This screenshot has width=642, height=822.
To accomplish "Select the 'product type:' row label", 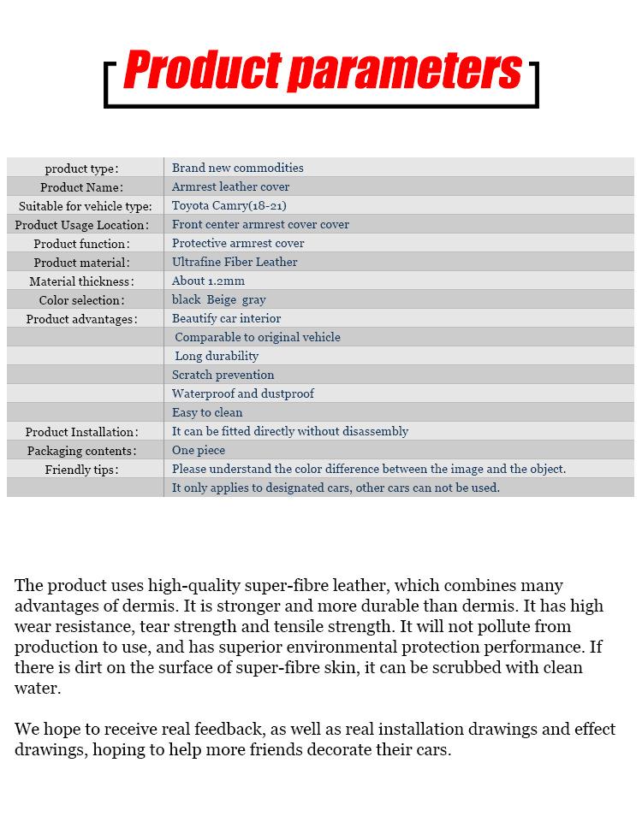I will pos(81,168).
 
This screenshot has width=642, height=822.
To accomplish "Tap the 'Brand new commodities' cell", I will pos(237,168).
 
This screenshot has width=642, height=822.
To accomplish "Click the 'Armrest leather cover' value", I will pos(230,186).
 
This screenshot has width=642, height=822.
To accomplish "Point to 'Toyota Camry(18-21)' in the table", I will pos(229,205).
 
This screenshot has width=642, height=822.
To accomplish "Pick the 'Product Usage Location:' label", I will pos(81,224).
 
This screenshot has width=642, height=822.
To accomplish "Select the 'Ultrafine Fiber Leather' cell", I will pos(235,262).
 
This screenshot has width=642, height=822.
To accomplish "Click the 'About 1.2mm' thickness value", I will pos(208,281).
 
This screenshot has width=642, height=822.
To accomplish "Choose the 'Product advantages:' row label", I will pos(81,318).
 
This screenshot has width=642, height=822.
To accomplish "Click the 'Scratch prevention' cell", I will pos(223,375).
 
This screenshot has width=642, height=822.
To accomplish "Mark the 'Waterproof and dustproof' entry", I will pos(242,393).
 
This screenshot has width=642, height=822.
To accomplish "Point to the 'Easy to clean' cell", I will pos(207,412).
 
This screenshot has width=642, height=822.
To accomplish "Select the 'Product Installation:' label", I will pos(81,431).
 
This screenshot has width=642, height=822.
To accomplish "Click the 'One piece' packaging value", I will pos(199,450).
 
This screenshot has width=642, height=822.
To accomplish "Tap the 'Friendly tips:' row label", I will pos(81,469).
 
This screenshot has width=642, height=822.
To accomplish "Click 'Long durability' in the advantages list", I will pos(217,356).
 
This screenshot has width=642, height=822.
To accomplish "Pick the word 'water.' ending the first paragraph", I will pos(38,688).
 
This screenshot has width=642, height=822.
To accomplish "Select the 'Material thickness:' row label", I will pos(81,281).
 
